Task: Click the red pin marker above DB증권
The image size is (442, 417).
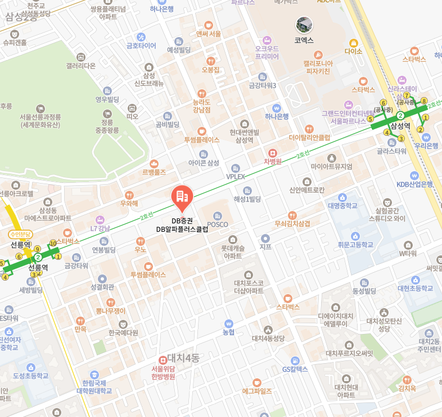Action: point(181,196)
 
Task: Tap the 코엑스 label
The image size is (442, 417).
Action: point(304,40)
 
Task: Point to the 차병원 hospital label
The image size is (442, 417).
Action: point(272,162)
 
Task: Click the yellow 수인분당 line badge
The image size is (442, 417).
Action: point(21,234)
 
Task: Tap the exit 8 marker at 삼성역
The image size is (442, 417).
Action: point(424,101)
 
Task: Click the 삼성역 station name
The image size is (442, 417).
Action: point(400,126)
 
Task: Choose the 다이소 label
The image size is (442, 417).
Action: point(354,51)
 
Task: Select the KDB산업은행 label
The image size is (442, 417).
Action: point(414,184)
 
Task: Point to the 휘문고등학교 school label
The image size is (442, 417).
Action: point(355,245)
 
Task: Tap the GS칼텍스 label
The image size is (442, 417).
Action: point(295,369)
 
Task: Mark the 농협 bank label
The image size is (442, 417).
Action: point(228,332)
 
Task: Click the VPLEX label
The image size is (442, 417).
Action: point(236,176)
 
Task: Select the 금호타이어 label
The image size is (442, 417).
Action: point(141,45)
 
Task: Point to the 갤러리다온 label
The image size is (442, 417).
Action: point(81,66)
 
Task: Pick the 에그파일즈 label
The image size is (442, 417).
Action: point(257,391)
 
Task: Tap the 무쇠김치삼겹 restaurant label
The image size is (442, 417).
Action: point(292,223)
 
